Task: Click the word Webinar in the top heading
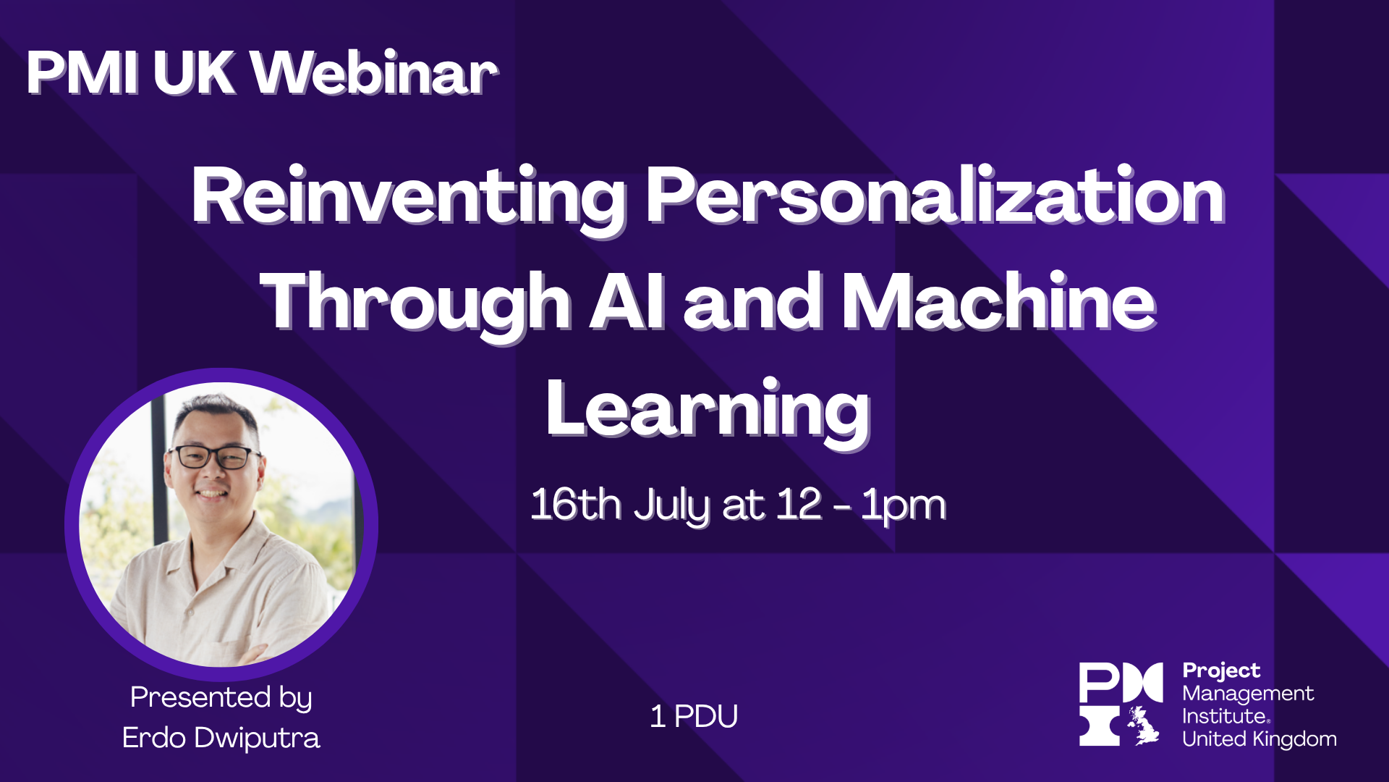(x=374, y=73)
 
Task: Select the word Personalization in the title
(x=935, y=195)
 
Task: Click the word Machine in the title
(x=998, y=302)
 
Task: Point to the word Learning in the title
(x=708, y=410)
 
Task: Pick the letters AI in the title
(x=626, y=302)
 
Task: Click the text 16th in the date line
(x=576, y=504)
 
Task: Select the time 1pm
(x=903, y=505)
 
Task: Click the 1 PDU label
(x=694, y=717)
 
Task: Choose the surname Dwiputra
(x=257, y=739)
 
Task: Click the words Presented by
(x=221, y=697)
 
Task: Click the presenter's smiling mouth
(x=212, y=494)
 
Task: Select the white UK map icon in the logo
(x=1143, y=726)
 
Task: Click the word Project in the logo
(x=1221, y=671)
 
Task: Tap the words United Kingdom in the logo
(x=1259, y=739)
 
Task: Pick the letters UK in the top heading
(x=194, y=73)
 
